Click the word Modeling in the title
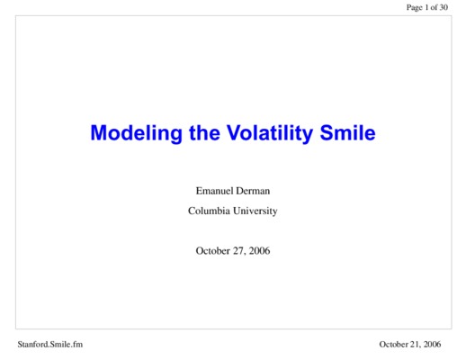(137, 133)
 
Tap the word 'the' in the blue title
(205, 132)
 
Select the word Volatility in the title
(270, 133)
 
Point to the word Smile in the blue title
(347, 132)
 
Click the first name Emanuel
(215, 191)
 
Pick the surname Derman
(253, 191)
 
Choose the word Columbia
(209, 211)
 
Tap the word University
(255, 211)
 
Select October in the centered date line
(213, 251)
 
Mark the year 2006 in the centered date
(259, 251)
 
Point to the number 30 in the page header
(444, 7)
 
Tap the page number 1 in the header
(426, 7)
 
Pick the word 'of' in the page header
(434, 7)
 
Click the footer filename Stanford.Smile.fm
(50, 344)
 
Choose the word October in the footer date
(395, 344)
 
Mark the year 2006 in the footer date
(433, 344)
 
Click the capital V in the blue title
(235, 132)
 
